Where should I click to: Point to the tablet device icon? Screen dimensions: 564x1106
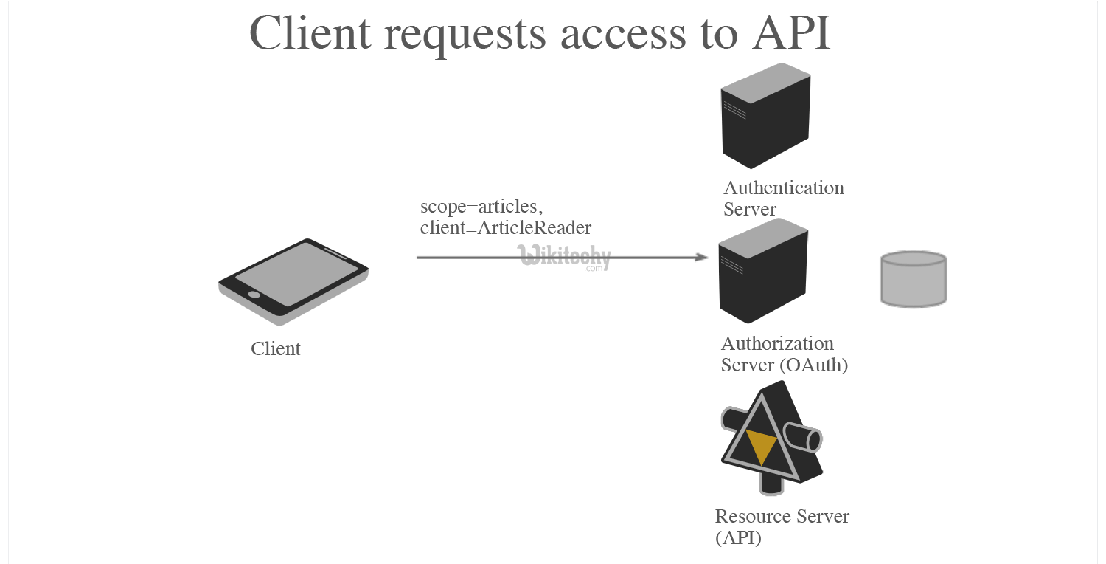(x=293, y=281)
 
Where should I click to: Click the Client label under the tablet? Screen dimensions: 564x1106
(x=276, y=348)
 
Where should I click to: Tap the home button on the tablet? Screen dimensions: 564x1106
(x=254, y=294)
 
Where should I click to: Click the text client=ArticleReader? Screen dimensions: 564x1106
(x=506, y=228)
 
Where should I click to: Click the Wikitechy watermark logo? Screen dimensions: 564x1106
(x=566, y=257)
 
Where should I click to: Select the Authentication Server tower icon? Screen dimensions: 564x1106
(x=765, y=115)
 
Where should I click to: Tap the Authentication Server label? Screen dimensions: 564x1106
(x=783, y=198)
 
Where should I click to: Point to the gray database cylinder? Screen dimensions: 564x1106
(x=914, y=278)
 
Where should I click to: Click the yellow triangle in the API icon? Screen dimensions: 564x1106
(x=761, y=445)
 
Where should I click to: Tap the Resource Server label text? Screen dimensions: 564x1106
(x=782, y=516)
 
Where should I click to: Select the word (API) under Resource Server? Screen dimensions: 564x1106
(x=738, y=538)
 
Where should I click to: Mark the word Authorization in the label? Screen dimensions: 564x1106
(x=777, y=343)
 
